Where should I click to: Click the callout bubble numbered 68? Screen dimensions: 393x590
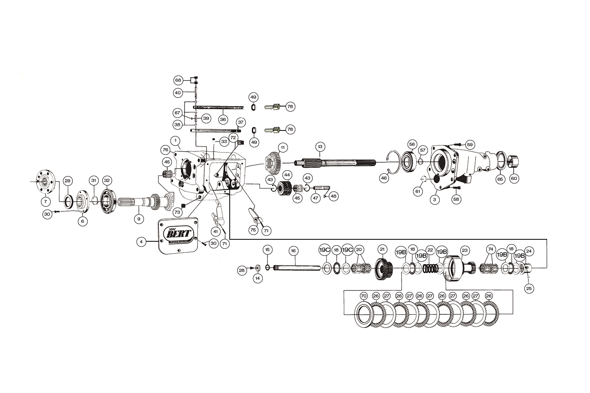(178, 80)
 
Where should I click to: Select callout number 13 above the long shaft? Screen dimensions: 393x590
(320, 147)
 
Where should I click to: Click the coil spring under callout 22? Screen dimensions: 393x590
(430, 269)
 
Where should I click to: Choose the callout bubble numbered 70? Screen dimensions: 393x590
(363, 296)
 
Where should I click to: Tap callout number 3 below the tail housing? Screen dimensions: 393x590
(435, 200)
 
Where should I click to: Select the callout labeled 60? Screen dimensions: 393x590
(514, 178)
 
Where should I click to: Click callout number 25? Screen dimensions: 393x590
(529, 288)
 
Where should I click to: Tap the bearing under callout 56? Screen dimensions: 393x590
(409, 161)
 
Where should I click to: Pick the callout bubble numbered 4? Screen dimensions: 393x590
(141, 242)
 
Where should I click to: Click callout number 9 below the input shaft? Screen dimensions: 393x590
(138, 219)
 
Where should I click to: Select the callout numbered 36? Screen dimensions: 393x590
(223, 119)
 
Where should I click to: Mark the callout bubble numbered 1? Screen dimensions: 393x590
(175, 140)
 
